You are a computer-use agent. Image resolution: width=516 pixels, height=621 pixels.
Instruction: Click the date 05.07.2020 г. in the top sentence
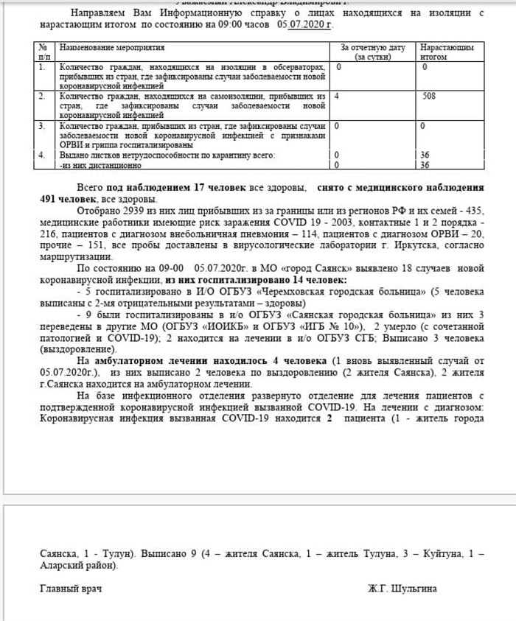[304, 24]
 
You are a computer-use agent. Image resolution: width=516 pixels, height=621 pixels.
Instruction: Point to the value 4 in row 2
[336, 96]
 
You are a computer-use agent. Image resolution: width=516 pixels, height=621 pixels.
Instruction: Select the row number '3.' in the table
[42, 125]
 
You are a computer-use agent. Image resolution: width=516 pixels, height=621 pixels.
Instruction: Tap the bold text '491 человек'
[68, 199]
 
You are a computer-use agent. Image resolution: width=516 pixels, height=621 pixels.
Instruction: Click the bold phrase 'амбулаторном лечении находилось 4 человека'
[209, 362]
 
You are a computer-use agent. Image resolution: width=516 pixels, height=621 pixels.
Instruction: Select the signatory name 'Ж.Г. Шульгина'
[402, 589]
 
